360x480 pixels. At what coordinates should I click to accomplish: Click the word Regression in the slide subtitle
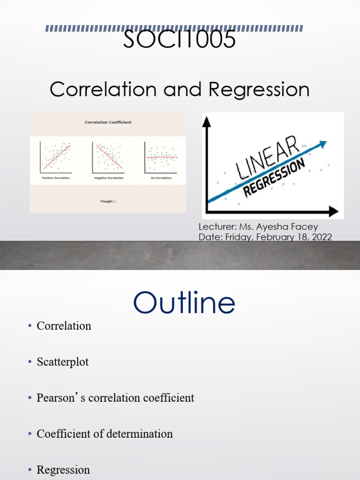[x=259, y=90]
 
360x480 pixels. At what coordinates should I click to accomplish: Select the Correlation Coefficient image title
[x=108, y=122]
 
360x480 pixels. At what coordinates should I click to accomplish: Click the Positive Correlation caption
[x=56, y=178]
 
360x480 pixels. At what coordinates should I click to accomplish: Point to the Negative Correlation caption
[x=108, y=178]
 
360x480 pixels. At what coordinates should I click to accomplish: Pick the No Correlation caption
[x=161, y=178]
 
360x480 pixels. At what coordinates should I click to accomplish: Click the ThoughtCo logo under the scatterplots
[x=108, y=202]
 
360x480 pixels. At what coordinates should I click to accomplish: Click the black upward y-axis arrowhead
[x=207, y=121]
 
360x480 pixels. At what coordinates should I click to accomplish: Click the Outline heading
[x=184, y=303]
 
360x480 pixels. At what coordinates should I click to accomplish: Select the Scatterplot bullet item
[x=63, y=362]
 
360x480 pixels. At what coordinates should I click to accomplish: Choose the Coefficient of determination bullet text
[x=105, y=434]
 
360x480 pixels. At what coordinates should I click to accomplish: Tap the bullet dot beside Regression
[x=29, y=470]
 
